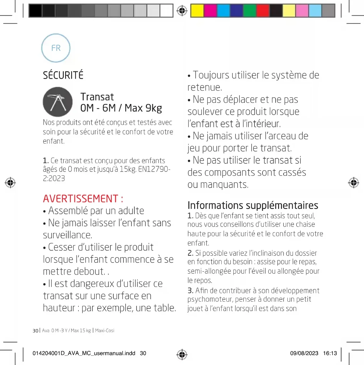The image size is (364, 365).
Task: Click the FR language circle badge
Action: click(x=56, y=48)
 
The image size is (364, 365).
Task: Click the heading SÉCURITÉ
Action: click(x=63, y=75)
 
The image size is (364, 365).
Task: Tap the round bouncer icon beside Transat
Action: click(x=58, y=102)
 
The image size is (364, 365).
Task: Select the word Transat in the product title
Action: click(x=97, y=97)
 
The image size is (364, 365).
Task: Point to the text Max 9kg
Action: click(x=143, y=108)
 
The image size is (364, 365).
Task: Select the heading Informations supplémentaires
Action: click(x=253, y=205)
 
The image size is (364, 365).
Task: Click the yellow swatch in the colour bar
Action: click(x=197, y=11)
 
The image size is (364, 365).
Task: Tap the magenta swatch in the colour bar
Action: click(x=210, y=11)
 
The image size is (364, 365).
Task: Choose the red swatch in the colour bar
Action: click(x=263, y=11)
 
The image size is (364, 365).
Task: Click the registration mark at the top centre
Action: click(x=182, y=11)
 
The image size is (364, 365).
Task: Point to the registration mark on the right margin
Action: click(x=353, y=183)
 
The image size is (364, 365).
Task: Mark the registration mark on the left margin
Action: click(x=10, y=183)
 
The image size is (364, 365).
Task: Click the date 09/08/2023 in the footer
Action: click(x=304, y=353)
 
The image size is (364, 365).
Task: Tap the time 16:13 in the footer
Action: click(x=330, y=353)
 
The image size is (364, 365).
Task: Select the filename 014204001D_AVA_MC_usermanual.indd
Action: click(x=84, y=353)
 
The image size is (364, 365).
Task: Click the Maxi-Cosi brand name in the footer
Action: click(x=105, y=330)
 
